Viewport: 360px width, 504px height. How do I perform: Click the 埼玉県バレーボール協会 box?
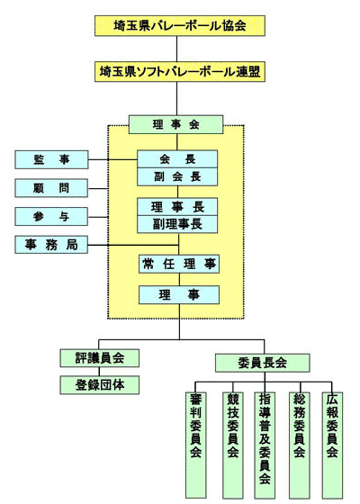(x=180, y=26)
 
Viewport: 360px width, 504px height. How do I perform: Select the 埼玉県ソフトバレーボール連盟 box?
(x=180, y=71)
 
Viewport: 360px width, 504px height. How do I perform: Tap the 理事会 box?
(x=175, y=124)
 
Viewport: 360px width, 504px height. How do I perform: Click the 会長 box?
(x=177, y=158)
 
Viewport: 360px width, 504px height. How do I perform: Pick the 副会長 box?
(x=177, y=176)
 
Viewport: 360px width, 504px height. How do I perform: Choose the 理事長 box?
(x=177, y=206)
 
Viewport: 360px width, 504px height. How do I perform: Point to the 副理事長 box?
(x=177, y=224)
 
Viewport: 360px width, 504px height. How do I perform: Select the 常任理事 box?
(x=179, y=264)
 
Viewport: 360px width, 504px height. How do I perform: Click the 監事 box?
(x=51, y=159)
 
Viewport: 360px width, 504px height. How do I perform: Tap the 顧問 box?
(x=51, y=188)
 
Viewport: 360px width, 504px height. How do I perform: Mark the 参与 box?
(x=51, y=216)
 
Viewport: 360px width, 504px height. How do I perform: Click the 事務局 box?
(x=51, y=245)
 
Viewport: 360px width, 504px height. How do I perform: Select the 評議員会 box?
(x=100, y=358)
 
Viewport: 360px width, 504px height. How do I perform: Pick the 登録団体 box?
(x=100, y=385)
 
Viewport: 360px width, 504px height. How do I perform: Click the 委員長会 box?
(x=263, y=363)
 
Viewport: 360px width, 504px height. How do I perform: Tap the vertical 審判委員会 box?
(x=196, y=445)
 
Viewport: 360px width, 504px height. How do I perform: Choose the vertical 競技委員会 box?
(x=233, y=445)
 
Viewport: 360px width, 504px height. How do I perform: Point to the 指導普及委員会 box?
(x=265, y=445)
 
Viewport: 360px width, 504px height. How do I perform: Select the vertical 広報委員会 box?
(x=332, y=445)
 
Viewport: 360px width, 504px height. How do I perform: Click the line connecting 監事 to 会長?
(x=112, y=159)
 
